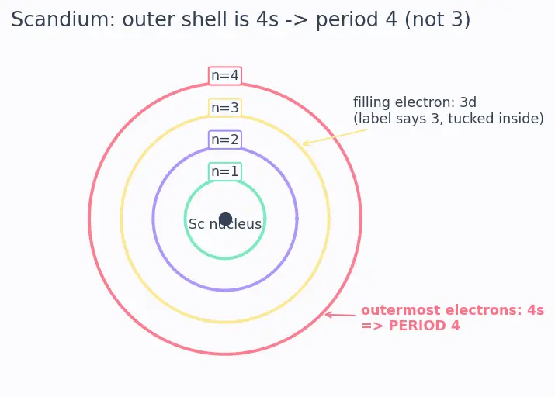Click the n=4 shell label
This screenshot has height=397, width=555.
tap(225, 76)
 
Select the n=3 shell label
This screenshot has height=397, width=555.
tap(225, 108)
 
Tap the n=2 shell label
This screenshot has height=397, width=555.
tap(225, 140)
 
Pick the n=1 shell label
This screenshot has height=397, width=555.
tap(225, 171)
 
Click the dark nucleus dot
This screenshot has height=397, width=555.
tap(225, 219)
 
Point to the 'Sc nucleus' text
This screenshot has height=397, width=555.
tap(225, 224)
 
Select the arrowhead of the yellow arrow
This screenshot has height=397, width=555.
tap(304, 143)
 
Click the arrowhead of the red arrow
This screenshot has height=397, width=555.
tap(326, 314)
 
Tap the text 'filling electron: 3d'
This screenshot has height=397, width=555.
tap(415, 102)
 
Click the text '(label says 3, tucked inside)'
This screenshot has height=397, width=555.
tap(449, 119)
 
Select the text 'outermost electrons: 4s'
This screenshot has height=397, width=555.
tap(453, 310)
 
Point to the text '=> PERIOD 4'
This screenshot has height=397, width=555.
tap(410, 326)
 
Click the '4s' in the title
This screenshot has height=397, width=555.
tap(267, 20)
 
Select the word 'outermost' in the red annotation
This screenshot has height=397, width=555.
tap(401, 310)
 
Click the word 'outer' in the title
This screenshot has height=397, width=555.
tap(149, 20)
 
